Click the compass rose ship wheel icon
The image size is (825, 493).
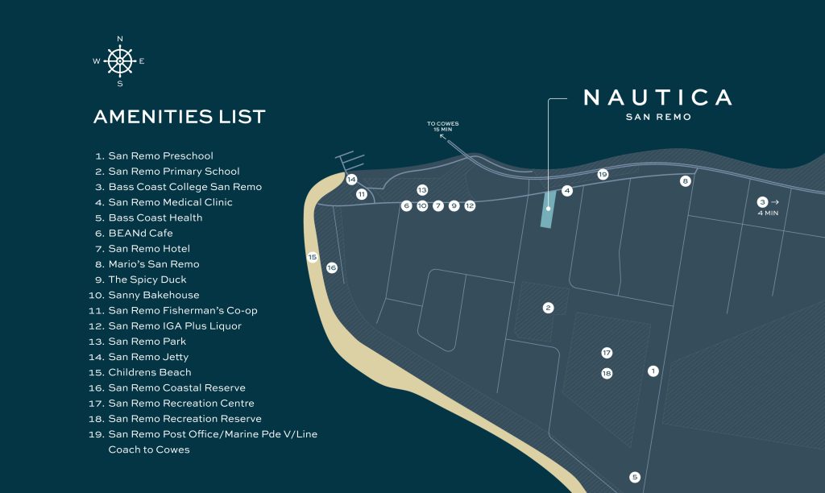pyautogui.click(x=120, y=61)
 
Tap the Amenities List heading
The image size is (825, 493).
pyautogui.click(x=179, y=117)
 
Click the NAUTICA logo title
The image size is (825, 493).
pyautogui.click(x=657, y=98)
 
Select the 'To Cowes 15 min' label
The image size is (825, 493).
pyautogui.click(x=443, y=126)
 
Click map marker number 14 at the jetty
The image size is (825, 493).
pyautogui.click(x=351, y=180)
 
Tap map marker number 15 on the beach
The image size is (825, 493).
pyautogui.click(x=313, y=257)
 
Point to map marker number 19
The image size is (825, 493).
pyautogui.click(x=603, y=174)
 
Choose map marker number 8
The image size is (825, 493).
pyautogui.click(x=686, y=181)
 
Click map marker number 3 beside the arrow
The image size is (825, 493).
pyautogui.click(x=762, y=202)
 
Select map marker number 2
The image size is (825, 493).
pyautogui.click(x=549, y=308)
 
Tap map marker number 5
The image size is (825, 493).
pyautogui.click(x=635, y=477)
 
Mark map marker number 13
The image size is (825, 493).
pyautogui.click(x=422, y=190)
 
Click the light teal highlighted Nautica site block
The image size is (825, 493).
pyautogui.click(x=548, y=209)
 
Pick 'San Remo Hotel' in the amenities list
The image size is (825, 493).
pyautogui.click(x=149, y=249)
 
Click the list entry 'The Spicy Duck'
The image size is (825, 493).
pyautogui.click(x=147, y=280)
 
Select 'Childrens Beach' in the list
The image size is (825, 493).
pyautogui.click(x=150, y=372)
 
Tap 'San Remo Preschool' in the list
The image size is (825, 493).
pyautogui.click(x=160, y=156)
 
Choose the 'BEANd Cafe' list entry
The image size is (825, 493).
pyautogui.click(x=140, y=234)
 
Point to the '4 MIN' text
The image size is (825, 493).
pyautogui.click(x=767, y=213)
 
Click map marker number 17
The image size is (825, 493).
pyautogui.click(x=607, y=353)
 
